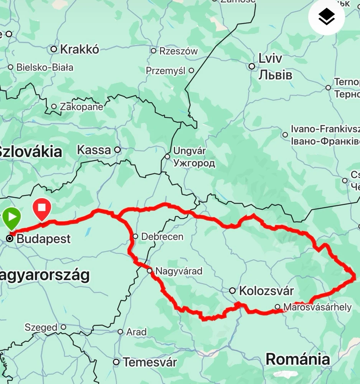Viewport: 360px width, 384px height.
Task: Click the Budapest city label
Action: pyautogui.click(x=44, y=239)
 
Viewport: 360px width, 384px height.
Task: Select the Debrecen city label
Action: pyautogui.click(x=162, y=237)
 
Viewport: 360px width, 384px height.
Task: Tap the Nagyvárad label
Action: pyautogui.click(x=178, y=271)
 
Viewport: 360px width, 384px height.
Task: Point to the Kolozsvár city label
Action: pyautogui.click(x=266, y=291)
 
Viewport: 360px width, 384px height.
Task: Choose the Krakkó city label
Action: pyautogui.click(x=79, y=49)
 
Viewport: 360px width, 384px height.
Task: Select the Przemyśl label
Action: pyautogui.click(x=165, y=71)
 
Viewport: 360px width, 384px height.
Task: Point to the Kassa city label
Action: pyautogui.click(x=94, y=150)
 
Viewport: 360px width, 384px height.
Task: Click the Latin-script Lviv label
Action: pyautogui.click(x=270, y=58)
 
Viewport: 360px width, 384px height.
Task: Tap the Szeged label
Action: pyautogui.click(x=41, y=328)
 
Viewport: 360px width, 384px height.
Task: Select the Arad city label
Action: pyautogui.click(x=136, y=332)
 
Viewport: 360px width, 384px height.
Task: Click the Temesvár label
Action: pyautogui.click(x=150, y=362)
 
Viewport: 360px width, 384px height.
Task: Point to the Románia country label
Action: pyautogui.click(x=297, y=359)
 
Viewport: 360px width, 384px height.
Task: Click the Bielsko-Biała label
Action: pyautogui.click(x=45, y=68)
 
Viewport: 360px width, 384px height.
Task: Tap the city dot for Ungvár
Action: pyautogui.click(x=167, y=156)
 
